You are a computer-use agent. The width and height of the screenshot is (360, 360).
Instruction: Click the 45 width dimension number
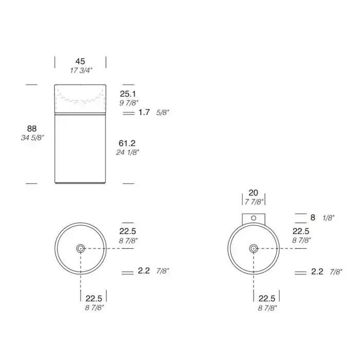click(80, 61)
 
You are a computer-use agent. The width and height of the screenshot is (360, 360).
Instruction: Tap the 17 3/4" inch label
click(81, 70)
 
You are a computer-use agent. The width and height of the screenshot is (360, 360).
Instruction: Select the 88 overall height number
click(32, 129)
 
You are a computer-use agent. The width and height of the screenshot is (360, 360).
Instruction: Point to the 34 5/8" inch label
click(32, 138)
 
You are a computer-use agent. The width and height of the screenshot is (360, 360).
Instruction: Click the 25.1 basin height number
click(128, 94)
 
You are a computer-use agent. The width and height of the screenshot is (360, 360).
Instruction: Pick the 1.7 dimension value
click(144, 112)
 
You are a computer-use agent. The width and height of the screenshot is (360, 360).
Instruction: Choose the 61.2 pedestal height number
click(127, 143)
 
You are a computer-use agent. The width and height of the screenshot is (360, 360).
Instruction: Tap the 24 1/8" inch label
click(128, 152)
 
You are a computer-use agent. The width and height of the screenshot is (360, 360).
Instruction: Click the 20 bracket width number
click(253, 193)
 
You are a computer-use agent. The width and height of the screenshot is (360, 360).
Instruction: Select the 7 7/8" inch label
click(254, 202)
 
